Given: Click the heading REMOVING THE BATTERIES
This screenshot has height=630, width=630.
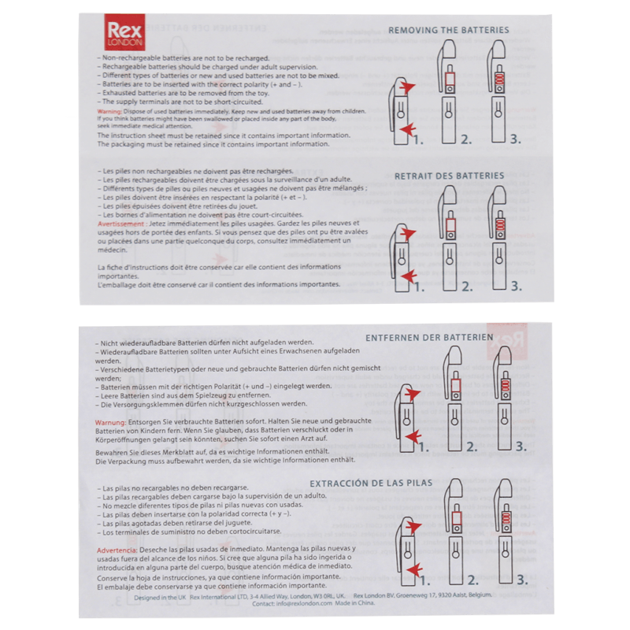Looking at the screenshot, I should click(448, 30).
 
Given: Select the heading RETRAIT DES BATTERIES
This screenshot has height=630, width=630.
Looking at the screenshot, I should click(449, 176).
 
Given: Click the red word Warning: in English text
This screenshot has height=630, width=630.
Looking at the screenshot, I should click(109, 112).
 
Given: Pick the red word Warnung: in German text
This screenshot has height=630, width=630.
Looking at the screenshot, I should click(111, 423).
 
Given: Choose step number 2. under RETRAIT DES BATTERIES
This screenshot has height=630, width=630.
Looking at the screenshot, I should click(466, 286).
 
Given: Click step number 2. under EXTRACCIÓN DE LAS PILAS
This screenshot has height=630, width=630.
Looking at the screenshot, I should click(471, 580).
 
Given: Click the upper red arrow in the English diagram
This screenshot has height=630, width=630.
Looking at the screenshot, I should click(406, 86).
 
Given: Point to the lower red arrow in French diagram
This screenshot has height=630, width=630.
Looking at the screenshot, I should click(407, 275).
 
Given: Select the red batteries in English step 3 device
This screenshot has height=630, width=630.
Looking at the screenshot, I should click(498, 81).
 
